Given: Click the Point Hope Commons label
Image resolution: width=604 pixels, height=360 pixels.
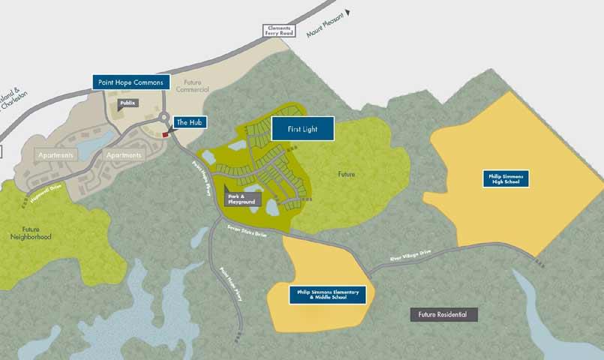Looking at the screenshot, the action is (131, 82).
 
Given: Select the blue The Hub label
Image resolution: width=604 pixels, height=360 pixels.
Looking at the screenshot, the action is (189, 122).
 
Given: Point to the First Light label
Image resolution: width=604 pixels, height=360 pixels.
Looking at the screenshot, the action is (302, 129).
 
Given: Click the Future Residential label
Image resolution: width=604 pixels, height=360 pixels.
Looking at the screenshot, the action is (443, 314).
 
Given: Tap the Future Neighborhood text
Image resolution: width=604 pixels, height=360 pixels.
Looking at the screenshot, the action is (35, 232).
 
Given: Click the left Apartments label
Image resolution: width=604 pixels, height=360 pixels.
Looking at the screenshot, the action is (56, 155).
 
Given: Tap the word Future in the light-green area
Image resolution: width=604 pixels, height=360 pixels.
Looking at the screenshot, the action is (346, 175).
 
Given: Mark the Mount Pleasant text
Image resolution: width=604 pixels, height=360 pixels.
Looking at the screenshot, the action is (323, 25).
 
